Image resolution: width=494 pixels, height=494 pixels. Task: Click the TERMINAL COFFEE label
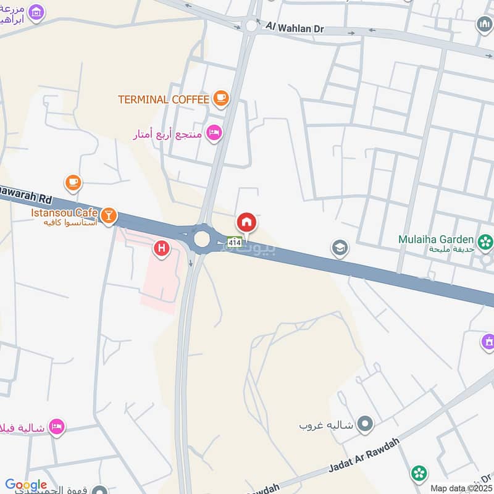tap(164, 98)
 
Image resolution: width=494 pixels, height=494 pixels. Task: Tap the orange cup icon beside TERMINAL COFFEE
tap(220, 98)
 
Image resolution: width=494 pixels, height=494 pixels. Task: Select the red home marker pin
tap(246, 222)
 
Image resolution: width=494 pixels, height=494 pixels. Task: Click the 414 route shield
tap(234, 243)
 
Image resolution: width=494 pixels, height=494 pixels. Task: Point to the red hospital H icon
tap(162, 249)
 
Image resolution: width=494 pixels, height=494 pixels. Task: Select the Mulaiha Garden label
tap(436, 239)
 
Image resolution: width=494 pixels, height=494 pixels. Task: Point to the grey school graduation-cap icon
tap(339, 249)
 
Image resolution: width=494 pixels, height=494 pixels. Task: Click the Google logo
tap(26, 485)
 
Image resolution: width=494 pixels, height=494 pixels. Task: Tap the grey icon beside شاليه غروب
tap(366, 424)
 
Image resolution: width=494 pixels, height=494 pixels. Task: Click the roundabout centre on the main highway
tap(202, 240)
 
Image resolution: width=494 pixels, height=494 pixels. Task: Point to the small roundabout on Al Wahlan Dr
tap(251, 26)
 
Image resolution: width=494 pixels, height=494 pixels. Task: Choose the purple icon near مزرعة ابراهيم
tap(36, 11)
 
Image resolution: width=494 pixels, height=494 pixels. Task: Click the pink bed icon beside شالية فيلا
tap(57, 427)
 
